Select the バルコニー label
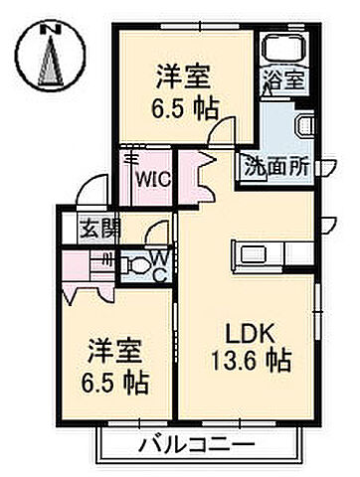click(x=196, y=442)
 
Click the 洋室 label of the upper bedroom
click(x=180, y=76)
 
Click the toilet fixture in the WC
click(x=135, y=265)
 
